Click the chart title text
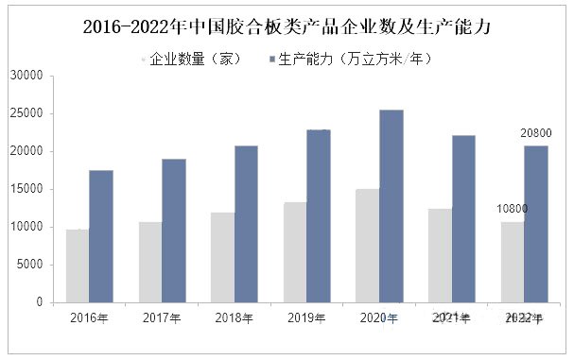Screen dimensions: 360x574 [287, 26]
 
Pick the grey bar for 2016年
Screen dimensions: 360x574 [78, 266]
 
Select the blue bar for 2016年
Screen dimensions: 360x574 [101, 236]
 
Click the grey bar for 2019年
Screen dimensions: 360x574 [295, 252]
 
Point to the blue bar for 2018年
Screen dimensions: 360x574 [246, 224]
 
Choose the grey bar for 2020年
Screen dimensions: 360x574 [368, 246]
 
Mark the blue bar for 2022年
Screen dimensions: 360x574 [536, 224]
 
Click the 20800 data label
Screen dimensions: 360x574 [536, 134]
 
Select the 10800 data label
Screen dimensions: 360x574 [513, 209]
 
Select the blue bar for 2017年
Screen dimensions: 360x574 [174, 231]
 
